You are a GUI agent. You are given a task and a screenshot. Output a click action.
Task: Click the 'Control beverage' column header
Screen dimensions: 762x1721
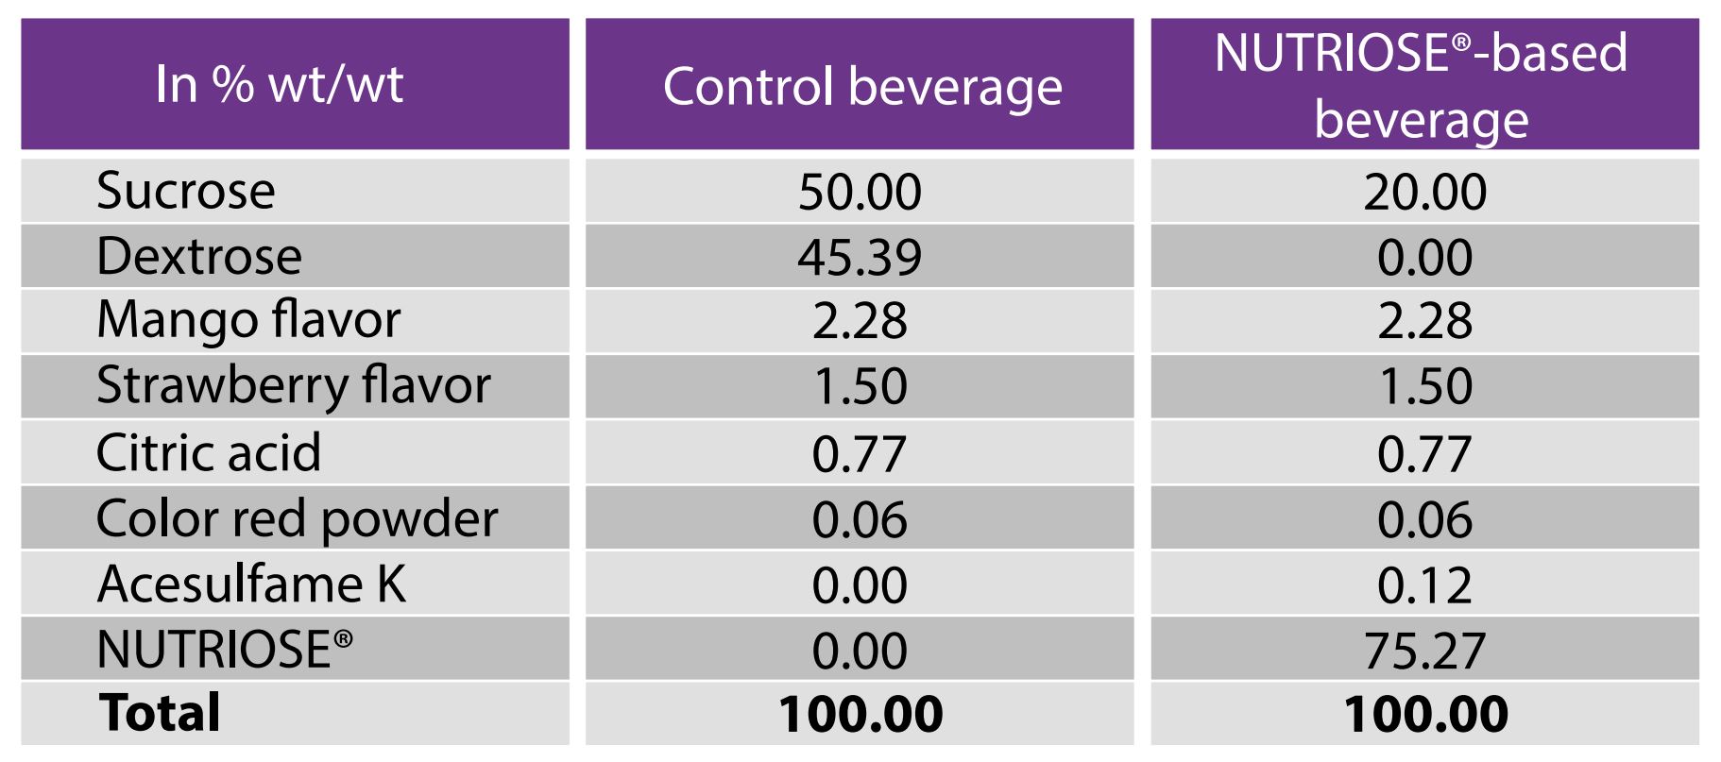coord(861,86)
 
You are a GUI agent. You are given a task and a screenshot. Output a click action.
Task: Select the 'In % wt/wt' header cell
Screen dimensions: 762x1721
coord(280,83)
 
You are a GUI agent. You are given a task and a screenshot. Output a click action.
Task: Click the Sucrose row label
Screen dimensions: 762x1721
coord(186,191)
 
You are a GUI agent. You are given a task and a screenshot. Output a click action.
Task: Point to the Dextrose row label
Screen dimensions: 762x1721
coord(199,256)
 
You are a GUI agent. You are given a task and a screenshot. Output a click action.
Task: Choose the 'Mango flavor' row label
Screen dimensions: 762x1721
coord(248,320)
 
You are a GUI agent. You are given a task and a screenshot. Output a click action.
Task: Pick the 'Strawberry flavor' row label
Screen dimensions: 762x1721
coord(294,385)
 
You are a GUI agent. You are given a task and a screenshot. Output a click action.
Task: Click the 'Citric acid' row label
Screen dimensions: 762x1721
coord(209,452)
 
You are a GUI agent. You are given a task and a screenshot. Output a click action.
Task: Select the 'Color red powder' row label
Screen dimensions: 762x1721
coord(297,518)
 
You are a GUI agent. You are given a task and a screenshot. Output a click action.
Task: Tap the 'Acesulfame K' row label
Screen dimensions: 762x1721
coord(251,584)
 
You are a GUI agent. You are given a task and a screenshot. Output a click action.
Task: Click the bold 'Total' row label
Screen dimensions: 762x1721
coord(160,713)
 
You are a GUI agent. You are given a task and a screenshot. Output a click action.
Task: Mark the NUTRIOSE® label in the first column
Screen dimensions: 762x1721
coord(225,650)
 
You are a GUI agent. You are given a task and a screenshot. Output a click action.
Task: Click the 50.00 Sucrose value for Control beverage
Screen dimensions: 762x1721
coord(860,192)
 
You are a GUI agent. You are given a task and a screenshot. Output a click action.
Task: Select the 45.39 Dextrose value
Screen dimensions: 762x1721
coord(860,257)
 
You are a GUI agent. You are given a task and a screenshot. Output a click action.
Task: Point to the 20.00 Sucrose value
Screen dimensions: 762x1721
coord(1424,192)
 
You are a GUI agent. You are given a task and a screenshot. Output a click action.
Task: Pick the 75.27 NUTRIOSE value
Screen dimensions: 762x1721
coord(1424,651)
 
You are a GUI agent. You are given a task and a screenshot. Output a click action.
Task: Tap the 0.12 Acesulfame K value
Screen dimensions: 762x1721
coord(1424,585)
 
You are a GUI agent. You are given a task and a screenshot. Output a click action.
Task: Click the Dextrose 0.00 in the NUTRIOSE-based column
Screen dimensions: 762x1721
coord(1424,257)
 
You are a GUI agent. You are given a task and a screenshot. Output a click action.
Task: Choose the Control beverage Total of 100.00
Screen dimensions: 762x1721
coord(860,714)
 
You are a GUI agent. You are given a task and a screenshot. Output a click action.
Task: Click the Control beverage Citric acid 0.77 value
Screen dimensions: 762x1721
coord(860,453)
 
